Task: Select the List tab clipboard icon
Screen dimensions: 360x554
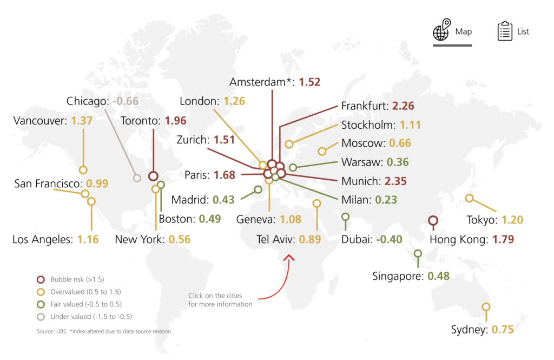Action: click(505, 31)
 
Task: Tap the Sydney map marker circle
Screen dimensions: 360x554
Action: click(486, 307)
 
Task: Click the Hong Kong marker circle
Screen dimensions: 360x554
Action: click(432, 220)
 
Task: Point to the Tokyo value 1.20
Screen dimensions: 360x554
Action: click(512, 220)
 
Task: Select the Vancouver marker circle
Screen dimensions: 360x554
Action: click(83, 169)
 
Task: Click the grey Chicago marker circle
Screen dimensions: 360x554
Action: click(137, 178)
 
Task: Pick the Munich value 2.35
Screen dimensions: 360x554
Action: click(396, 181)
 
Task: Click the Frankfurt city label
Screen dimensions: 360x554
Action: click(364, 106)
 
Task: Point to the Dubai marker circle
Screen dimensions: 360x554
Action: click(346, 217)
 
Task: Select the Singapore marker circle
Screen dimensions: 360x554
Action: click(418, 253)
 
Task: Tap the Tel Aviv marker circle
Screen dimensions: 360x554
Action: click(317, 204)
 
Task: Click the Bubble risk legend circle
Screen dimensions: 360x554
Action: click(39, 279)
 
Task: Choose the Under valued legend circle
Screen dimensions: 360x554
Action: click(39, 316)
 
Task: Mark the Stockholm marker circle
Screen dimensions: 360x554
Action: click(289, 144)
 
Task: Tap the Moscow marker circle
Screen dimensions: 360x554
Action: click(322, 151)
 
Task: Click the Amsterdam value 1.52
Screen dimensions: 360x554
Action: click(309, 82)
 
